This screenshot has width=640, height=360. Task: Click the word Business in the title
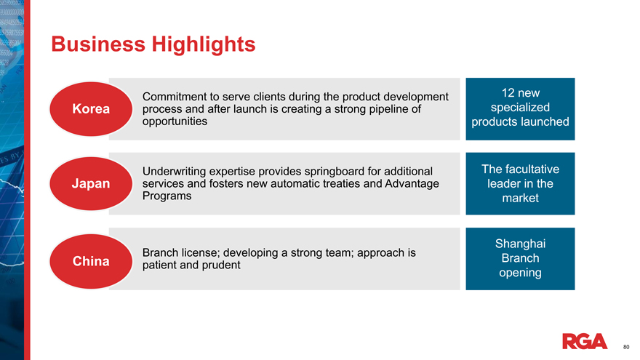[98, 44]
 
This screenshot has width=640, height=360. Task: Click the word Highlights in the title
[203, 45]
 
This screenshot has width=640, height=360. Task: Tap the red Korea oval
[91, 109]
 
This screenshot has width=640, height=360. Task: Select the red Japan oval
[91, 184]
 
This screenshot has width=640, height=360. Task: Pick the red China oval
[91, 261]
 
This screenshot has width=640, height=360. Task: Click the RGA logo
[585, 341]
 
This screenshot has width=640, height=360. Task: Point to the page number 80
[626, 347]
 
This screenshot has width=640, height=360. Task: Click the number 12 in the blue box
[508, 93]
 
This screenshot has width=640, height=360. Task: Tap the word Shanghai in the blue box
[520, 244]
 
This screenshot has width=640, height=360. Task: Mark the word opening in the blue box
[520, 273]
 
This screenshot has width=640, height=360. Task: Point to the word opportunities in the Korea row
[175, 121]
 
